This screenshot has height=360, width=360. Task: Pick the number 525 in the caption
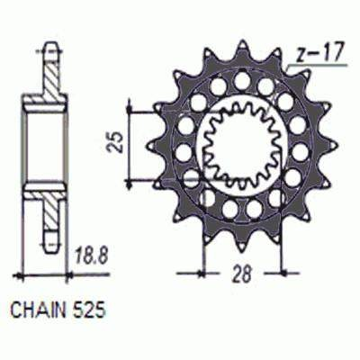[x=92, y=312]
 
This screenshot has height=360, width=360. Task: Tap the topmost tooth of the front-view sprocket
[x=241, y=50]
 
